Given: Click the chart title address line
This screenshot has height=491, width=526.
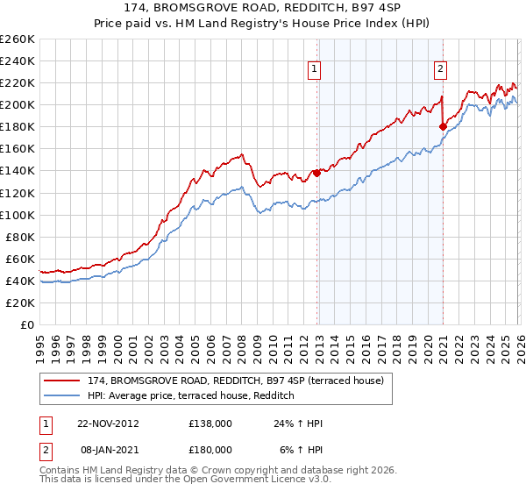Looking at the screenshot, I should coord(263,7).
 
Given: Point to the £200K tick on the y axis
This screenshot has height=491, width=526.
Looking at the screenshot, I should coord(18,104).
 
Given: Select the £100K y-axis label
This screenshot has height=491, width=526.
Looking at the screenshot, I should coord(18,215).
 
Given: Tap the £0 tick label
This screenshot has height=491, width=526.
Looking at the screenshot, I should coord(27,324).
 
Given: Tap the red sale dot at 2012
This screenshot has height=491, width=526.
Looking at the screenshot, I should coord(316,173).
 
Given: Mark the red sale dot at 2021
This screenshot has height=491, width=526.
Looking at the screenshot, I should coord(443,126).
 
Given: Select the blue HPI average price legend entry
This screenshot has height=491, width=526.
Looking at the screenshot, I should coord(194,396).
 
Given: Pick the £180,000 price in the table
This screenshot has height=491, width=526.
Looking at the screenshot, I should coord(210,449).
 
